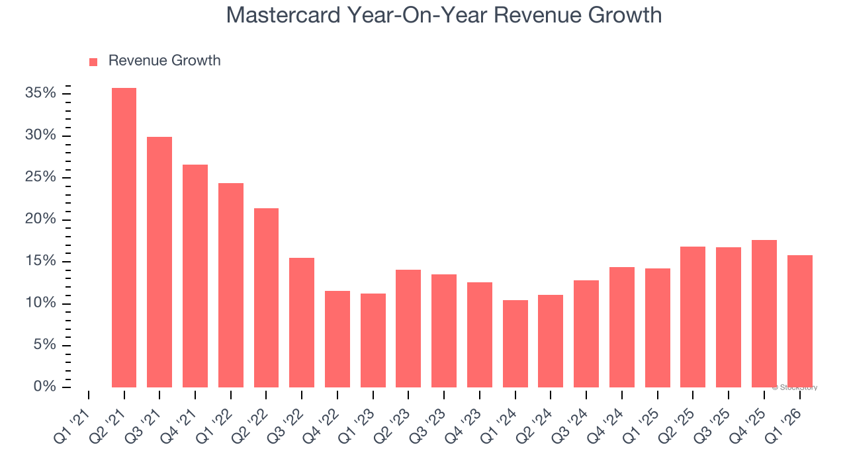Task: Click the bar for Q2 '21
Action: [124, 238]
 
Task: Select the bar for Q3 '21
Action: [159, 262]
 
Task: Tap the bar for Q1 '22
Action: [231, 285]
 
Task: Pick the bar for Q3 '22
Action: [302, 323]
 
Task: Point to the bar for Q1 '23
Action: [373, 340]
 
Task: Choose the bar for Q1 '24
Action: [515, 344]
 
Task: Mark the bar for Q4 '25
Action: [764, 314]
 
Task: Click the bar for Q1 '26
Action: [800, 321]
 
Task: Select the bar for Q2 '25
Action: [693, 317]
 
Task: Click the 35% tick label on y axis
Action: [40, 93]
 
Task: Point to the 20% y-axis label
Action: [40, 219]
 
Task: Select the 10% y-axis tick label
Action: [40, 303]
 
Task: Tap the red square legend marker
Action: [93, 61]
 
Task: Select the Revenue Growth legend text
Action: [164, 61]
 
